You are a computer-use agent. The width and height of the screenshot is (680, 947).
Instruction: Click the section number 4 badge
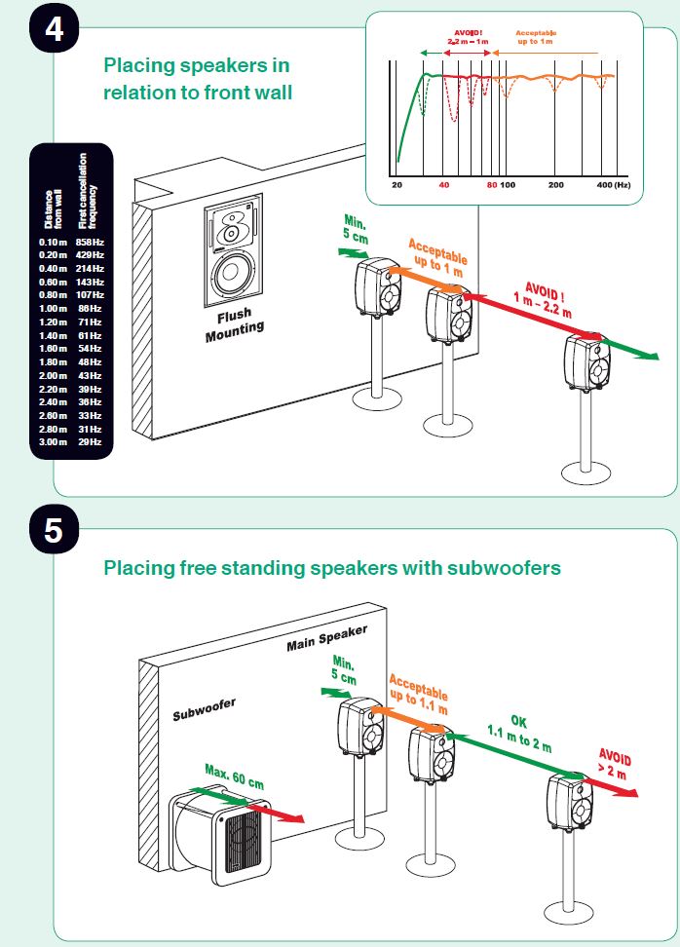[55, 27]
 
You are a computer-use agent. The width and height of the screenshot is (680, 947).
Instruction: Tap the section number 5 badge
[55, 531]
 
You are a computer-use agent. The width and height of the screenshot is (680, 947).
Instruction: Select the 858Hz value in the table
[90, 242]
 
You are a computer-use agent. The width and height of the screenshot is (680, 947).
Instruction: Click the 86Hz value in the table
[90, 308]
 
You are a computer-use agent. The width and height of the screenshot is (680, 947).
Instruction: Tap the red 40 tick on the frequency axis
[444, 184]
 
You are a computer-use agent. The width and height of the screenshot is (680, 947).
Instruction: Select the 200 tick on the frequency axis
[555, 184]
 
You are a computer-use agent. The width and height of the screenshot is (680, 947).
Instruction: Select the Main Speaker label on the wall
[326, 639]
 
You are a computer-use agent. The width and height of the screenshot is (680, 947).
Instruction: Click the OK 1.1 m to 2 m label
[519, 735]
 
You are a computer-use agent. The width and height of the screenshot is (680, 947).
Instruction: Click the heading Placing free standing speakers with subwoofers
[332, 567]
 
